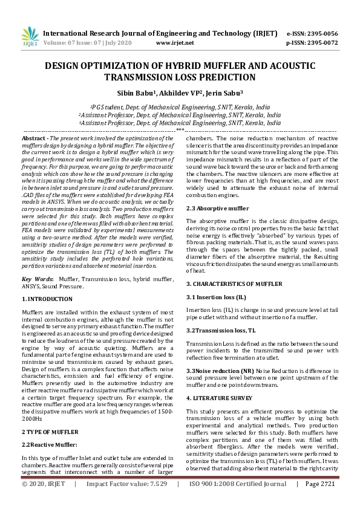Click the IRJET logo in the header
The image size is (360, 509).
[28, 37]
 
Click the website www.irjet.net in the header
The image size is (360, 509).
[175, 43]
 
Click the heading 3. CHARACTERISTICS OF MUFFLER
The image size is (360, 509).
[234, 284]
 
